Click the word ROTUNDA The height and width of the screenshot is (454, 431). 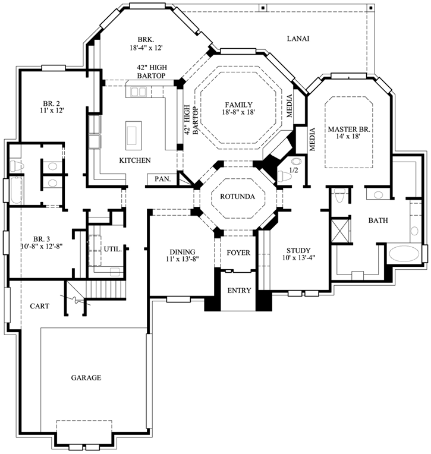point(237,196)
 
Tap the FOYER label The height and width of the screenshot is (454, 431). point(238,253)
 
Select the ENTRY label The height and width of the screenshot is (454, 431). point(239,291)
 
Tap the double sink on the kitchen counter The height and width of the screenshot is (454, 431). point(139,92)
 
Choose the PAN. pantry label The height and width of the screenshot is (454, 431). point(162,178)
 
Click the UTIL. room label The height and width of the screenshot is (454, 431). point(113,250)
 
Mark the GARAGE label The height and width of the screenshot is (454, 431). point(86,377)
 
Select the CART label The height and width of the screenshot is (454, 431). point(39,306)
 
